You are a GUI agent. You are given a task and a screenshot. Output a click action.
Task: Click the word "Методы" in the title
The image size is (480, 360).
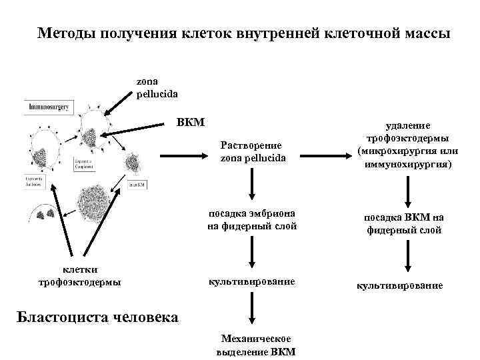tap(64, 33)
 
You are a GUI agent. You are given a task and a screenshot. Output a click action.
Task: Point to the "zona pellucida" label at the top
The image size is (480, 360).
tap(157, 87)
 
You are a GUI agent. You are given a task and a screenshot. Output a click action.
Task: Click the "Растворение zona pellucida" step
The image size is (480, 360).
tap(252, 151)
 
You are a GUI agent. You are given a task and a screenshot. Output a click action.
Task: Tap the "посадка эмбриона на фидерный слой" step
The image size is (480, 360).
tap(252, 220)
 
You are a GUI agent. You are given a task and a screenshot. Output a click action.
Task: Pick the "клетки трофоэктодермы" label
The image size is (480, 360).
tap(80, 275)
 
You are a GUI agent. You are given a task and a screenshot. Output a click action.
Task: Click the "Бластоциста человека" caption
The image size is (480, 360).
tap(97, 316)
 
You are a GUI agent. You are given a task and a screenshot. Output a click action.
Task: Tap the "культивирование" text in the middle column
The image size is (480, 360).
tap(252, 282)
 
